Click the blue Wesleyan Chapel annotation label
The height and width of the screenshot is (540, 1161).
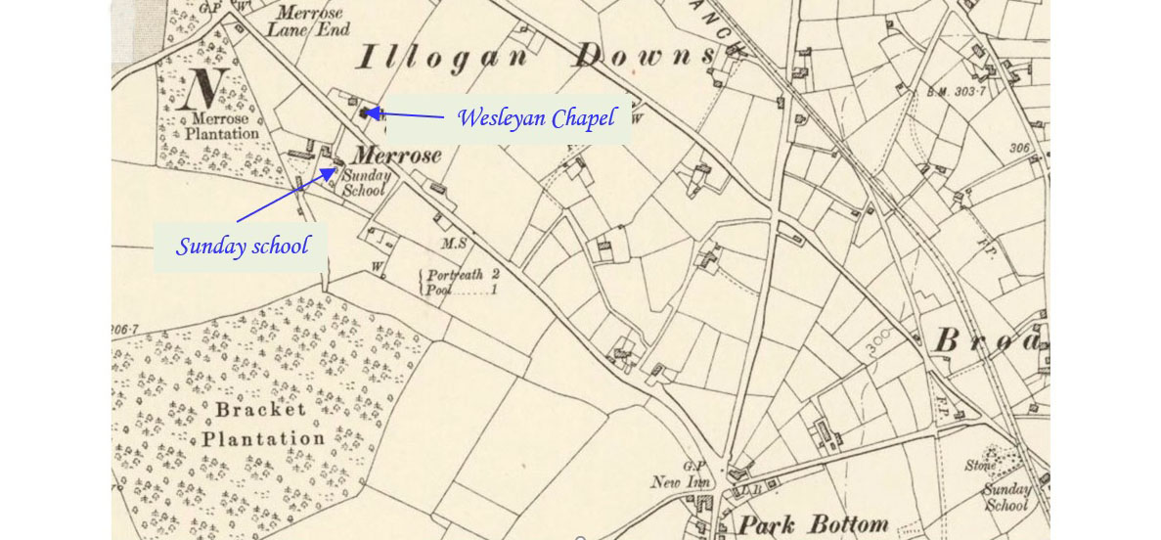[536, 118]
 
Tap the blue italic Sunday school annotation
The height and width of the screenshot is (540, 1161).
[242, 246]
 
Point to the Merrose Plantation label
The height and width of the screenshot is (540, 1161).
[221, 127]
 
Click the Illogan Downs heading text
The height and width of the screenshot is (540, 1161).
[536, 59]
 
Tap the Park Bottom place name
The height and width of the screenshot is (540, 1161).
[813, 525]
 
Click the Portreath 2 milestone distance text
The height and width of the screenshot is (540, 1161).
[464, 275]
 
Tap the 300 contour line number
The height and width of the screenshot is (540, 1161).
[878, 342]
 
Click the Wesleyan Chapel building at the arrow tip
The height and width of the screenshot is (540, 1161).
[369, 112]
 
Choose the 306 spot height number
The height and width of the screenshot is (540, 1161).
[1021, 149]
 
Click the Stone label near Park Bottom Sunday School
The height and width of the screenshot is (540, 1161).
[980, 466]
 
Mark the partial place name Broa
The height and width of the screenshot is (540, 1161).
[988, 341]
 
